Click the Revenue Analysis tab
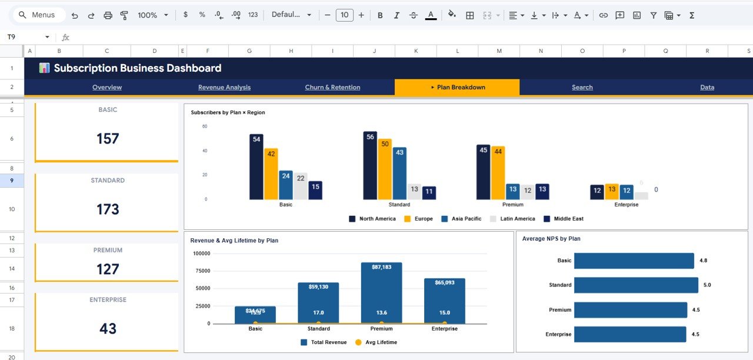[x=224, y=87]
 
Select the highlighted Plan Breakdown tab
[x=457, y=87]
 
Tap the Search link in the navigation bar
[x=582, y=87]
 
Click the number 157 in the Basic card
[x=108, y=139]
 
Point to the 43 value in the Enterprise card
[x=108, y=328]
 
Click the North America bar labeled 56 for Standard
[x=370, y=168]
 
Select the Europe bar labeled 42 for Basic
[x=271, y=175]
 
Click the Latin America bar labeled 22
[x=301, y=187]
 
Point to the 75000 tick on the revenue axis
[x=202, y=271]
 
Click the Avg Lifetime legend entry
[x=376, y=342]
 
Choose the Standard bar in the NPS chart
[x=635, y=285]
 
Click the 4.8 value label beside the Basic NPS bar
[x=703, y=261]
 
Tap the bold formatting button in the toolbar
[x=380, y=15]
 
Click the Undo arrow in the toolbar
[x=75, y=15]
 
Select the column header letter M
[x=499, y=51]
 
